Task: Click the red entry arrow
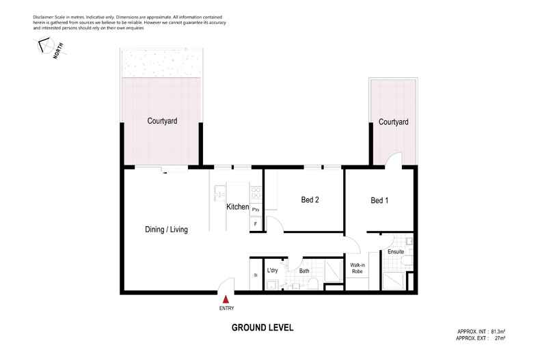226,297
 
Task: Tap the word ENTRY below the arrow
226,307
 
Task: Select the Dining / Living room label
166,230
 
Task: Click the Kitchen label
237,206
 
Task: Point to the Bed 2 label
310,200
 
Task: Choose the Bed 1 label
379,200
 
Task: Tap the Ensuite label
396,252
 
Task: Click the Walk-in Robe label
357,268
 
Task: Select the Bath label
305,271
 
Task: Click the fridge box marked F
256,223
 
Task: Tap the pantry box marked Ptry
256,209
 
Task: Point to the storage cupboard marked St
255,275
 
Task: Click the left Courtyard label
162,121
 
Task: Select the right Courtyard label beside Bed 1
393,122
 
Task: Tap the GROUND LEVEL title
262,328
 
